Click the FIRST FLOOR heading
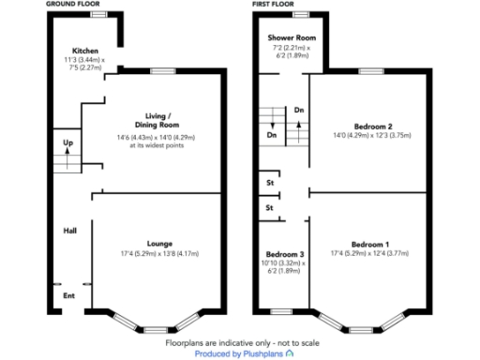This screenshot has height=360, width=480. [275, 5]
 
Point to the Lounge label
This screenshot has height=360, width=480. [159, 243]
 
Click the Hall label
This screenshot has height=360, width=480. [69, 230]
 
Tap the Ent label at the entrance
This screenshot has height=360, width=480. [68, 297]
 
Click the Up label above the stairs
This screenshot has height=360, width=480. [67, 142]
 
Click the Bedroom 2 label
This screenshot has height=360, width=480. [372, 126]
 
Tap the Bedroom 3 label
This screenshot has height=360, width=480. [284, 255]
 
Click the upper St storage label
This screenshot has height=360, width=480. [269, 183]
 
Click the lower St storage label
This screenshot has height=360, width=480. [269, 207]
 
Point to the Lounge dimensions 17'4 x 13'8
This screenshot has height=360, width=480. [159, 254]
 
